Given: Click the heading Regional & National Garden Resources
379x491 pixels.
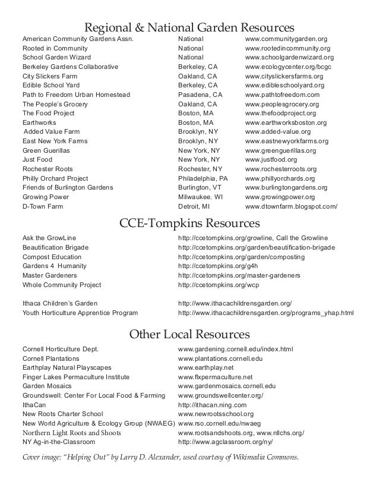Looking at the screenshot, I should tap(190, 27).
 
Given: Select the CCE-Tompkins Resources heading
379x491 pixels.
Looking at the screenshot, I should tap(190, 224).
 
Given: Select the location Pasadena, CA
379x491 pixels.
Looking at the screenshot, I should tap(200, 95).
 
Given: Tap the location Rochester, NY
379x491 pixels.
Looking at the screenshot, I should tap(200, 169).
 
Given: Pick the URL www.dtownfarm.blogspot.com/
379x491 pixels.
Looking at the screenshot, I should tap(291, 206).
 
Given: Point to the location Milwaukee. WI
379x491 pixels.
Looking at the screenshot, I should tap(200, 197).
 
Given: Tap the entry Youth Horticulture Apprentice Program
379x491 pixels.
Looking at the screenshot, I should tap(80, 312).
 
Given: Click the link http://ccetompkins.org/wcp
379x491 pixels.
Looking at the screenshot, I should tap(219, 285).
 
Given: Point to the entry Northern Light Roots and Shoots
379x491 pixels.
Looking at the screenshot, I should tap(72, 433).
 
